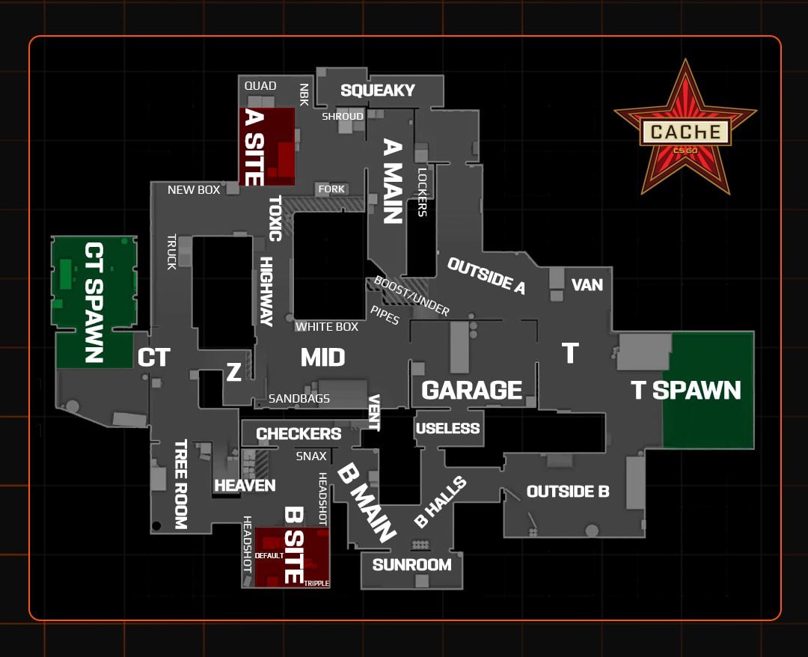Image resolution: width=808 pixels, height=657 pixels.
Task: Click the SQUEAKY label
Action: click(x=377, y=91)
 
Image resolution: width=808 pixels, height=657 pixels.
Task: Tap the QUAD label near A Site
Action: click(x=260, y=86)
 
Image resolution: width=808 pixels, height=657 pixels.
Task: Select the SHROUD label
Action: click(x=342, y=116)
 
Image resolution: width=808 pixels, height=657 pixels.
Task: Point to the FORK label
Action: click(x=331, y=189)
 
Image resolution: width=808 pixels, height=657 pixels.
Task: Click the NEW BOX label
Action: click(x=194, y=190)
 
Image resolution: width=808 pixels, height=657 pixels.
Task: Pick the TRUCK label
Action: click(x=171, y=252)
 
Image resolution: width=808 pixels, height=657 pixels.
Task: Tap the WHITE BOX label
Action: click(x=327, y=327)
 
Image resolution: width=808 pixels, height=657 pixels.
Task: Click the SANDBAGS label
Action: click(x=299, y=399)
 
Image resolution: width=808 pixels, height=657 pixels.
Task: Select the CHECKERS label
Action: click(x=299, y=434)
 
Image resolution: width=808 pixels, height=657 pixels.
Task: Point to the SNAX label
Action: click(x=311, y=456)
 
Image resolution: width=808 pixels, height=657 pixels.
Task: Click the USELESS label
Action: click(x=447, y=429)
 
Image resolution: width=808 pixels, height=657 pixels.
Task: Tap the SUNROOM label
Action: click(x=411, y=565)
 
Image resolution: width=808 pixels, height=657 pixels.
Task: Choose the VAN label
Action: click(x=587, y=285)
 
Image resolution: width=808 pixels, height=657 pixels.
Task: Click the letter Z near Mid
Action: click(x=234, y=372)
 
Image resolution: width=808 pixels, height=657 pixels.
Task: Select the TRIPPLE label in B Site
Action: click(x=316, y=584)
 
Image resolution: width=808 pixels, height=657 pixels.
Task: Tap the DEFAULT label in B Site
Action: click(x=269, y=556)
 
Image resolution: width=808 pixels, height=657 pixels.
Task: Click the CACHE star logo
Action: click(x=685, y=131)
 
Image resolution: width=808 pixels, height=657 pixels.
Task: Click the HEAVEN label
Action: click(x=245, y=486)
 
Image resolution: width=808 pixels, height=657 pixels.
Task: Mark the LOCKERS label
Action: click(x=422, y=192)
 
